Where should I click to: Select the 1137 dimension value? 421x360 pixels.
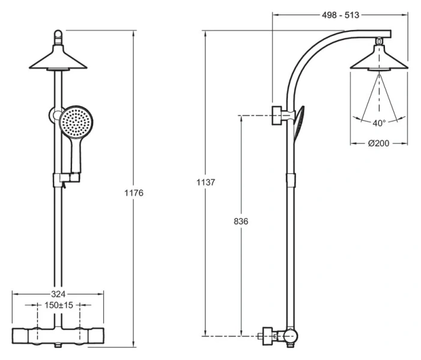[205, 181]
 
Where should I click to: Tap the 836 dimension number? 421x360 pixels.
[241, 221]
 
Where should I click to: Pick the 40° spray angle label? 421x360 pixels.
[378, 123]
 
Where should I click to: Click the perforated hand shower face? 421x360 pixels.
[76, 122]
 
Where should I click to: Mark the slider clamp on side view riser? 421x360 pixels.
[292, 179]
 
